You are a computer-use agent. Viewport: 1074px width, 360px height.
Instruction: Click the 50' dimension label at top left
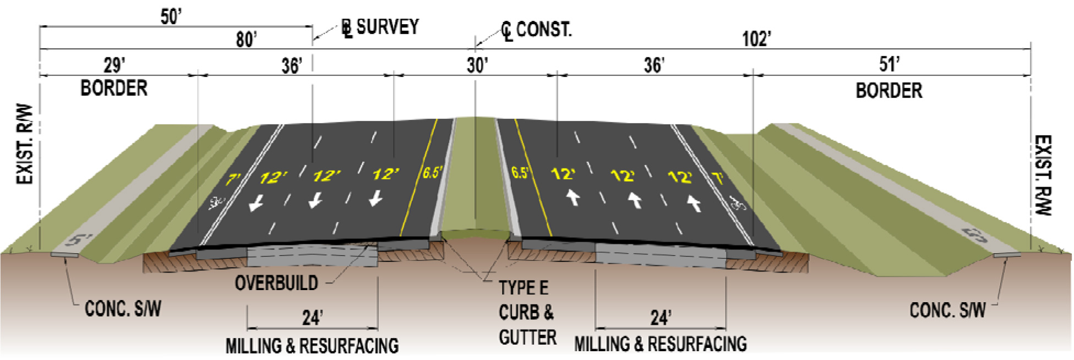[x=171, y=17]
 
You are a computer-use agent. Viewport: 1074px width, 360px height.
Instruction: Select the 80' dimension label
[x=246, y=40]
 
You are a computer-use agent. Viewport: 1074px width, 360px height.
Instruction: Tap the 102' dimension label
[x=756, y=39]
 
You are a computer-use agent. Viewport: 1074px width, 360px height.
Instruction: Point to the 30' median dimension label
[x=477, y=65]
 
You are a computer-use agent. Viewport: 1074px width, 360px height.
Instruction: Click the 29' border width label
[x=114, y=65]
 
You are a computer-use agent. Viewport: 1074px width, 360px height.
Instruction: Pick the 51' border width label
[x=889, y=64]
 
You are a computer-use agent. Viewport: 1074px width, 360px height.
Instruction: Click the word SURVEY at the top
[x=387, y=27]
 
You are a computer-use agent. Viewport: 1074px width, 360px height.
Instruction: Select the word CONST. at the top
[x=543, y=29]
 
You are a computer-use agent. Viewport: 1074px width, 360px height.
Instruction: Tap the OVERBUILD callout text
[x=276, y=283]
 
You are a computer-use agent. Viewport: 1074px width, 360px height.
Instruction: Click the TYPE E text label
[x=523, y=288]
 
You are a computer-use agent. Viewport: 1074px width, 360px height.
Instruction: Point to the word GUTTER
[x=527, y=337]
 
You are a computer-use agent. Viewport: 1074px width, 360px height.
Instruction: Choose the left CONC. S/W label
[x=123, y=309]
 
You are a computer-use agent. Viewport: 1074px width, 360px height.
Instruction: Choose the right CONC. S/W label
[x=947, y=310]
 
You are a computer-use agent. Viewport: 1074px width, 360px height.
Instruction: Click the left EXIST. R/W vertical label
[x=25, y=144]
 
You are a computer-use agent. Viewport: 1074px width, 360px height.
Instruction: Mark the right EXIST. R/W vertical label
[x=1044, y=175]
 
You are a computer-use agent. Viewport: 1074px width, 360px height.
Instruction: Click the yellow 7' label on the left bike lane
[x=233, y=179]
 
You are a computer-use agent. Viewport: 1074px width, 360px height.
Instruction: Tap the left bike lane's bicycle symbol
[x=215, y=203]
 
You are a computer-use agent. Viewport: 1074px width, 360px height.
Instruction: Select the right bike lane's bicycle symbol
[x=738, y=204]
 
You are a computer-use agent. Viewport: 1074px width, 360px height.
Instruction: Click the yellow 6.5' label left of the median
[x=432, y=173]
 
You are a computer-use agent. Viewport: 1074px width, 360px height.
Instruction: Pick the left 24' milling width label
[x=312, y=318]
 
